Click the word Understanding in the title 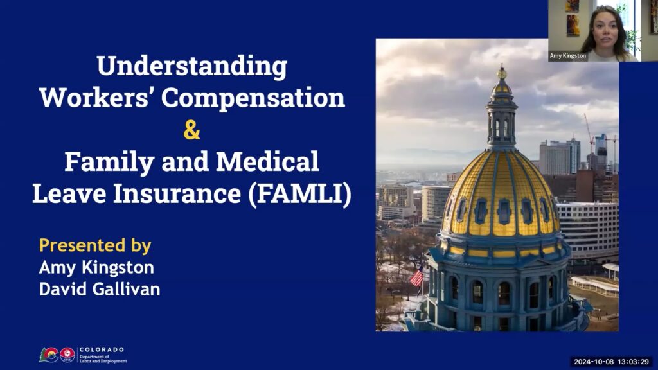[x=191, y=67]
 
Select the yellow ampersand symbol [x=191, y=130]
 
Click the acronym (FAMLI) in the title [x=299, y=194]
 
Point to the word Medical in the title [x=267, y=161]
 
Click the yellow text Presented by [x=95, y=246]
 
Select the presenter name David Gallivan [x=100, y=290]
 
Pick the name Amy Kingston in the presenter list [x=96, y=268]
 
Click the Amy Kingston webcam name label [x=568, y=56]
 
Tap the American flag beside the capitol [x=416, y=277]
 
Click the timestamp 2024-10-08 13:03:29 [x=612, y=362]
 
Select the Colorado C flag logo [x=49, y=355]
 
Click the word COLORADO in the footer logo [x=102, y=349]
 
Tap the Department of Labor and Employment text [x=103, y=358]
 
